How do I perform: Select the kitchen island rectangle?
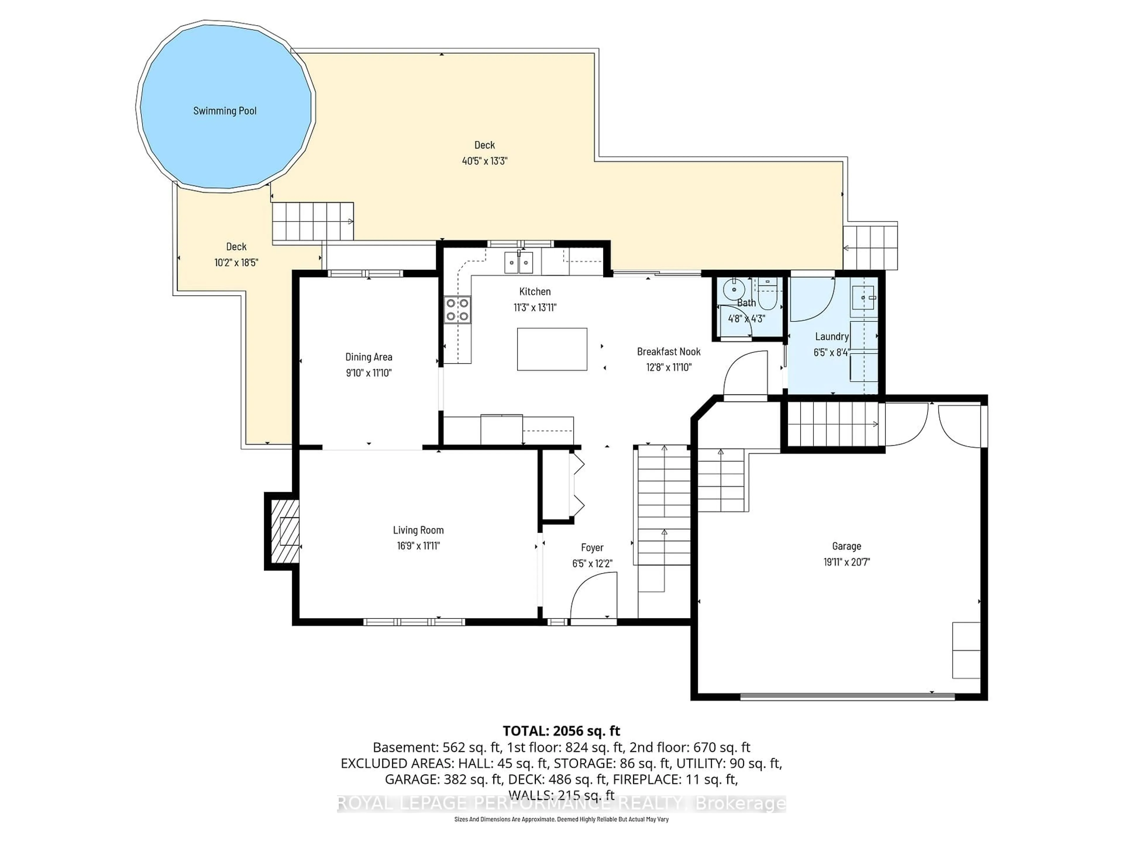point(552,349)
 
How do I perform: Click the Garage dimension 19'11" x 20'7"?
point(846,562)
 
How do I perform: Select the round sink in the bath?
point(733,290)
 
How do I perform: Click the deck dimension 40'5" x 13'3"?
point(484,161)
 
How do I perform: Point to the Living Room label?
point(418,530)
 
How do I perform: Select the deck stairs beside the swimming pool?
point(313,221)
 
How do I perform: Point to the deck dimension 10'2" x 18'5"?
point(236,263)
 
